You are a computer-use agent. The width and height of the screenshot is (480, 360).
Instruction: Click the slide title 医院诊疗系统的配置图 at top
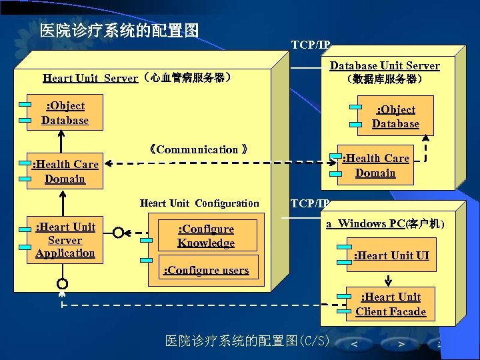119,31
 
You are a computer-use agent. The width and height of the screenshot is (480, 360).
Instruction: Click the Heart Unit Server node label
137,78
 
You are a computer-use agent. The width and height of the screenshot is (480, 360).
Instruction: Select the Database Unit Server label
385,65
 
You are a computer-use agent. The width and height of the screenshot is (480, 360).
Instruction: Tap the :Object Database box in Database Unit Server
395,117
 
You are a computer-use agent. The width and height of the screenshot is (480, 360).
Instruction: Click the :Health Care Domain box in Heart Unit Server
65,171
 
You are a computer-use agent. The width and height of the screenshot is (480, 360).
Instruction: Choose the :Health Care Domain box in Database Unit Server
375,165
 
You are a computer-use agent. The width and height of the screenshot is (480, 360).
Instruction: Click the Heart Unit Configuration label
199,203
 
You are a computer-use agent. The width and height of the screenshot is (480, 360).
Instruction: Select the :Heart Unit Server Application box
65,240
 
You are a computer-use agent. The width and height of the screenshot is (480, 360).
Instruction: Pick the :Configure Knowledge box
206,236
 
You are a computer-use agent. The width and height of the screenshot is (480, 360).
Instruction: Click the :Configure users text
206,270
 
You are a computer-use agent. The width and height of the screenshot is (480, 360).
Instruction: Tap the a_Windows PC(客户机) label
385,224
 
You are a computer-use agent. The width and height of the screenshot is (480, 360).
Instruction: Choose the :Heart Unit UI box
391,255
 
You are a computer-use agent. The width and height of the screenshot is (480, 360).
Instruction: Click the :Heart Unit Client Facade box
391,305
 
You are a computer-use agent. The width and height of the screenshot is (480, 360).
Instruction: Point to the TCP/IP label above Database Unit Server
310,45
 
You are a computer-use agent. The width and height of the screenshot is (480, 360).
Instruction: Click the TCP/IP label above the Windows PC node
310,203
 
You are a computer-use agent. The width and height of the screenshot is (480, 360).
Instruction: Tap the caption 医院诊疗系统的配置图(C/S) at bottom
247,341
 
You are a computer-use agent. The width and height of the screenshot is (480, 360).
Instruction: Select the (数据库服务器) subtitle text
385,79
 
